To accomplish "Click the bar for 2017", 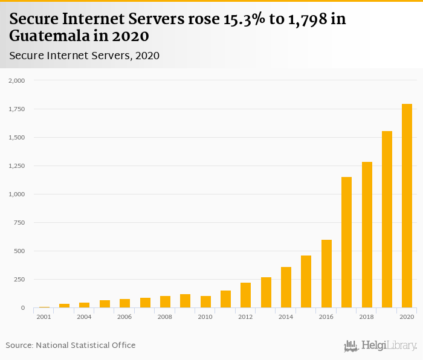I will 346,242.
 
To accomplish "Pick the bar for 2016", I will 326,274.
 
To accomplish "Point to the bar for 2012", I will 245,295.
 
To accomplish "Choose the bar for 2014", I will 286,288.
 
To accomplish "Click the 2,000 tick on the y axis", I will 17,80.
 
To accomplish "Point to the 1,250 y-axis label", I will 17,166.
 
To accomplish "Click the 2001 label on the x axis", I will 44,317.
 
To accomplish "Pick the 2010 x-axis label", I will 205,317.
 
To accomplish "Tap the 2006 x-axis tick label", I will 124,317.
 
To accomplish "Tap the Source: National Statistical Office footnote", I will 71,345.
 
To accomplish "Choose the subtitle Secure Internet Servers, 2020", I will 84,56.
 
